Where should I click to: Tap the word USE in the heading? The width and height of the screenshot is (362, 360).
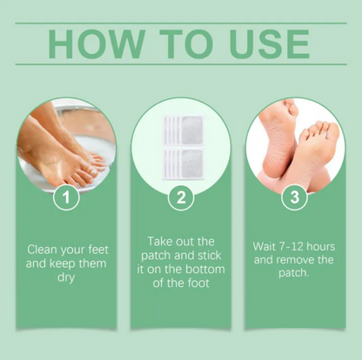pos(265,43)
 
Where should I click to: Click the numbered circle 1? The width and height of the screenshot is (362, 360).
pos(66,197)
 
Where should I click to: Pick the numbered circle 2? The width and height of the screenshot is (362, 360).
pos(180,197)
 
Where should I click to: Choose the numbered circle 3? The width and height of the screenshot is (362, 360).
pos(295,197)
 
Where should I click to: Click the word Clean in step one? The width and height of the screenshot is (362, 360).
pos(44,249)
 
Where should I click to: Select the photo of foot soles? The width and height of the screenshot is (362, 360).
pos(295,143)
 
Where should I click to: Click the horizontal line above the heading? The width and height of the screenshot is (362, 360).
pos(181,23)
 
